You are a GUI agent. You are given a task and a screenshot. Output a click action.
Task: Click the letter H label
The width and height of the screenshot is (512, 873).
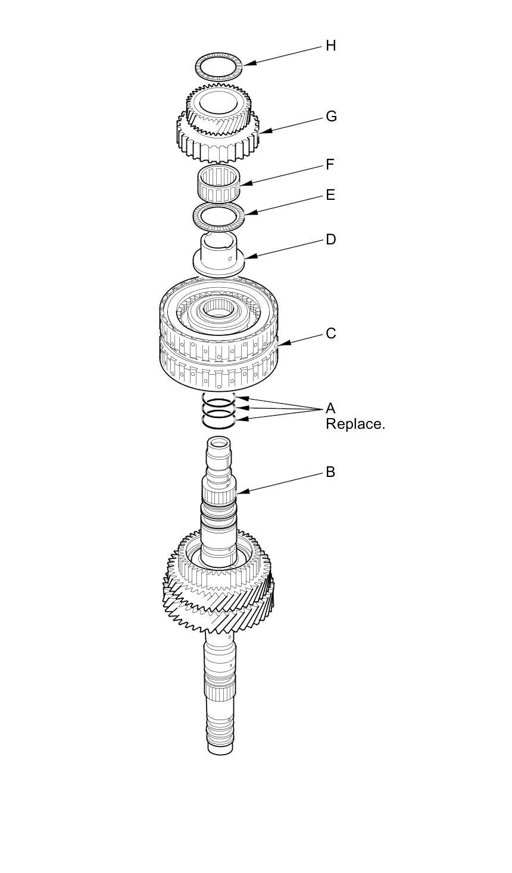330,46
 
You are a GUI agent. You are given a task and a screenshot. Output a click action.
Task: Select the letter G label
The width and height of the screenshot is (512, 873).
331,117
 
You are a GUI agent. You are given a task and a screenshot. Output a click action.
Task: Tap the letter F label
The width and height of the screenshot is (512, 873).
330,165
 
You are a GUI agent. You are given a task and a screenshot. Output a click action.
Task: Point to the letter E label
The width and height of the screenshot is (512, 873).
330,195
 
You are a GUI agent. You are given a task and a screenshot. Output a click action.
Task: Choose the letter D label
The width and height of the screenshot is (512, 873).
331,240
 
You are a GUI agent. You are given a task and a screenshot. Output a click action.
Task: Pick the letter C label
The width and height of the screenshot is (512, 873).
331,334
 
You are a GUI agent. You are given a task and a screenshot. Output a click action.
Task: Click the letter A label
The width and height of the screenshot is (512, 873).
330,409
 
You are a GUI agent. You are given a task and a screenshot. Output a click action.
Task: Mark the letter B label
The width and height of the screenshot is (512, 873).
330,472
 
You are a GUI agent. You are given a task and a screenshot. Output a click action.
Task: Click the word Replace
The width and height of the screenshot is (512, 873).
355,424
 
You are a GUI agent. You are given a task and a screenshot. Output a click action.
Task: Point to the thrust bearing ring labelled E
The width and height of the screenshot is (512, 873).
220,215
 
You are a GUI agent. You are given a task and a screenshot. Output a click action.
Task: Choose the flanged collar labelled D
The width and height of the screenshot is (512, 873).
220,256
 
